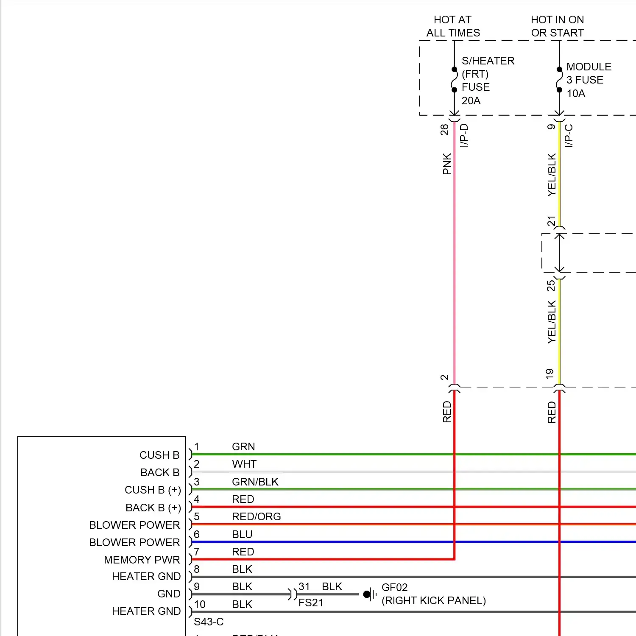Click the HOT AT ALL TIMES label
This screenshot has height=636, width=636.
tap(453, 26)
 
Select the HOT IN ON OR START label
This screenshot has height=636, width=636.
tap(557, 26)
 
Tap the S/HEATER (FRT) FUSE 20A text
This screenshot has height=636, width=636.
tap(488, 81)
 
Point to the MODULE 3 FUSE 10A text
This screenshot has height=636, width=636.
tap(589, 80)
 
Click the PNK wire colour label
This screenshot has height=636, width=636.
tap(447, 164)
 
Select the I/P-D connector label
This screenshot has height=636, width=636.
tap(464, 135)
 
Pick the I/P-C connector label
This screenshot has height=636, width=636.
tap(569, 136)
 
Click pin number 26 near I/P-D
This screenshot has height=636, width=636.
tap(444, 129)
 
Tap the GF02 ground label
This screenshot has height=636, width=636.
tap(394, 587)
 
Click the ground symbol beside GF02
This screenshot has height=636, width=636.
tap(369, 594)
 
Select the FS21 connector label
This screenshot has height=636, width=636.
tap(311, 603)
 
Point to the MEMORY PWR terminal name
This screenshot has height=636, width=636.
tap(142, 560)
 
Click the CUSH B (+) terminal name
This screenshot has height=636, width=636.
tap(153, 490)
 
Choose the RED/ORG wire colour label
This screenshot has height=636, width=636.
tap(256, 516)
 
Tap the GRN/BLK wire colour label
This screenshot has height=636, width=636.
tap(255, 482)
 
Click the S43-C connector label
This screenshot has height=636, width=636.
tap(209, 622)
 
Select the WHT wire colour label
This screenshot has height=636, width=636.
tap(244, 464)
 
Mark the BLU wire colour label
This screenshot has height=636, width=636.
tap(242, 534)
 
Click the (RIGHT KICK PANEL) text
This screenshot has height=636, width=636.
tap(433, 600)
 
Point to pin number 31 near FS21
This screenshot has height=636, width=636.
tap(304, 586)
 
